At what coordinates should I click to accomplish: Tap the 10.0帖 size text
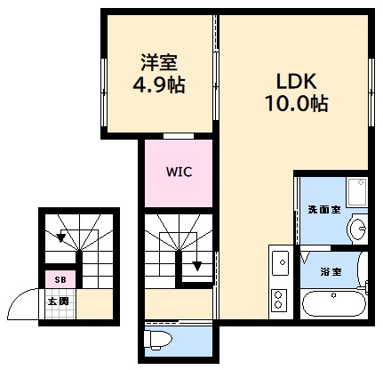297,104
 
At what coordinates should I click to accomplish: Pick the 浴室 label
331,271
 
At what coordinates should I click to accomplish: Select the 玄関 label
59,302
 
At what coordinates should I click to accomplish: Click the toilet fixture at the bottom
160,339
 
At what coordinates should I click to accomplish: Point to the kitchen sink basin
279,263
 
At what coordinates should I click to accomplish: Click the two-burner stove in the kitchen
279,300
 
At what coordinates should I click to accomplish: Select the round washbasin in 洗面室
358,229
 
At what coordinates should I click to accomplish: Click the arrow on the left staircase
60,237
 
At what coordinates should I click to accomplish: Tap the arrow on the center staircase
196,264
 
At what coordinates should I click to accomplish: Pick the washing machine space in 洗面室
356,191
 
